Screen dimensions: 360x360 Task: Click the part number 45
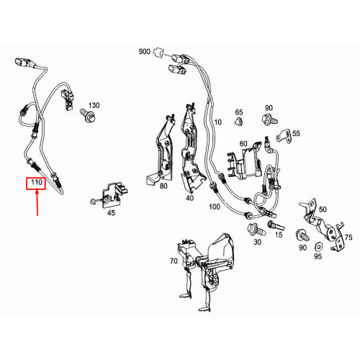[x=110, y=212]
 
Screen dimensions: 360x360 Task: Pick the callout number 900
[x=144, y=52]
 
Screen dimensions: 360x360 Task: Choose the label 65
[x=240, y=112]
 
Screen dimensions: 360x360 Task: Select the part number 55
[x=296, y=134]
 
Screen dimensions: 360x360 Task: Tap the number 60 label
[x=243, y=143]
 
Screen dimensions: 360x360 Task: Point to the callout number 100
[x=214, y=207]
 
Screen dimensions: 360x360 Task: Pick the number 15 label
[x=279, y=235]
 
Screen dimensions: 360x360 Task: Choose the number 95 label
[x=319, y=257]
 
